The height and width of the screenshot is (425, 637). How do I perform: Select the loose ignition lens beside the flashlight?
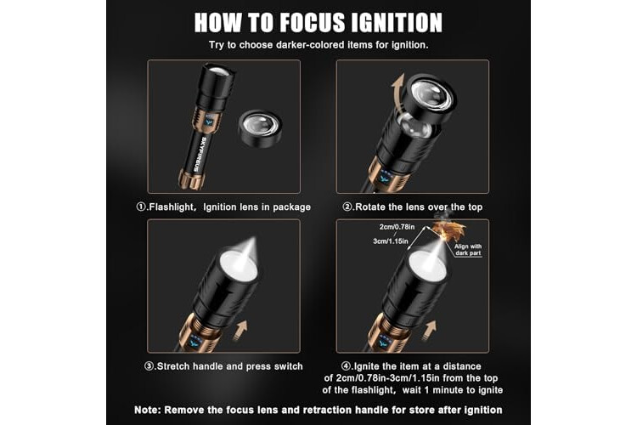click(x=259, y=128)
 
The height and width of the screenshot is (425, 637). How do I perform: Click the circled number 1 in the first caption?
click(x=141, y=207)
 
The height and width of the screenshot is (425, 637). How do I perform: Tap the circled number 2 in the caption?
click(x=347, y=207)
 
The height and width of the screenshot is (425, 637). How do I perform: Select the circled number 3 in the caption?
click(x=149, y=366)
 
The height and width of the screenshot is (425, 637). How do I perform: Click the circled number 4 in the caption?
click(x=346, y=366)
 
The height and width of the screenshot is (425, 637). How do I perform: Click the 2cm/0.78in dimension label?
click(x=397, y=227)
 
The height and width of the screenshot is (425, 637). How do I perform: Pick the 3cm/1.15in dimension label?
click(x=391, y=241)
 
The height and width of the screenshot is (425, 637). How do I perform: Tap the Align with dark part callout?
click(x=468, y=250)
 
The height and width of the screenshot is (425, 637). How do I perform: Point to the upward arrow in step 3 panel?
click(x=241, y=329)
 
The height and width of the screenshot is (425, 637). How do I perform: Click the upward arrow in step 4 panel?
click(x=429, y=331)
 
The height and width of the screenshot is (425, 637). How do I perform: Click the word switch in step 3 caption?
click(x=289, y=366)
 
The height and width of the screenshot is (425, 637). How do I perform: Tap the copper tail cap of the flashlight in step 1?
click(x=191, y=179)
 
